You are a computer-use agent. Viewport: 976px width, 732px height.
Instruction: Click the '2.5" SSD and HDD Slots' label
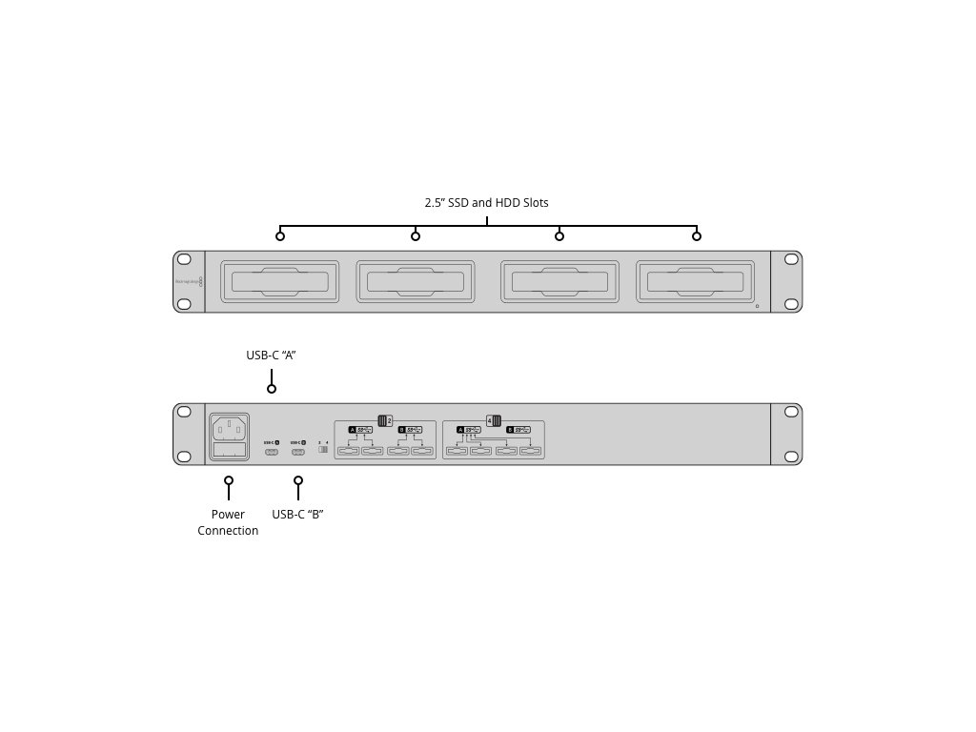(x=486, y=203)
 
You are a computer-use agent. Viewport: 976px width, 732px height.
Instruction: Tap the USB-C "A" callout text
(x=272, y=356)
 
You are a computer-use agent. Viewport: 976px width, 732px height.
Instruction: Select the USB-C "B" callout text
(x=298, y=515)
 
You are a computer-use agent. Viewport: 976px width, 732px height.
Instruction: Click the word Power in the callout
(x=228, y=515)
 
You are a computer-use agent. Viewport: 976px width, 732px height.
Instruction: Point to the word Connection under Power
(x=228, y=531)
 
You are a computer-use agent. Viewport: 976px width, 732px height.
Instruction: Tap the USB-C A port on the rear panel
(x=272, y=451)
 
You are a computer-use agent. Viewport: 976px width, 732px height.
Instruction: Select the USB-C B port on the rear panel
(x=298, y=451)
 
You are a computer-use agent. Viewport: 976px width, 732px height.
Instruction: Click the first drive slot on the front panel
(x=279, y=281)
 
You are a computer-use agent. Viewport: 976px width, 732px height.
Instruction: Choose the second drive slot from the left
(x=415, y=281)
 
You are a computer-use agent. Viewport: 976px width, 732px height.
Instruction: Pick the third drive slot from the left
(x=559, y=281)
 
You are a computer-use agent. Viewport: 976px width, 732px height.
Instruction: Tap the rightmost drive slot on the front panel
(x=696, y=281)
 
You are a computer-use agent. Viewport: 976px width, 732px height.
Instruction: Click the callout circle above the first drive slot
(x=280, y=236)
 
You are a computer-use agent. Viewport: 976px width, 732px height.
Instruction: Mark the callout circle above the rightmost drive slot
(x=697, y=236)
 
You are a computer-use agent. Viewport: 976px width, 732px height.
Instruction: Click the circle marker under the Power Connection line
(x=229, y=480)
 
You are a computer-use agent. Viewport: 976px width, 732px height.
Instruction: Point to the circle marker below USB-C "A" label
(x=272, y=389)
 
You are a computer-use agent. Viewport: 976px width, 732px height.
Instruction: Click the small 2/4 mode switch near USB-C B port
(x=323, y=450)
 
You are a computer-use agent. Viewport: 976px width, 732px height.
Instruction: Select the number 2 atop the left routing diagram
(x=391, y=420)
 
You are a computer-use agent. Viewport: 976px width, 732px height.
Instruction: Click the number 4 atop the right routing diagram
(x=489, y=420)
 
